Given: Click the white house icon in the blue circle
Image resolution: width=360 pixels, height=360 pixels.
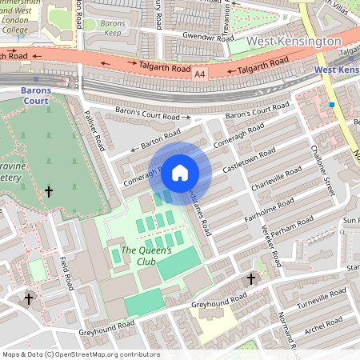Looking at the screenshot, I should coord(180,172).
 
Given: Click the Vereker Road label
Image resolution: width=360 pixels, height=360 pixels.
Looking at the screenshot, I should coord(271,247).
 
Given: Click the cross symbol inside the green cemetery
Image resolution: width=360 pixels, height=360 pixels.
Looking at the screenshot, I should coord(49,191).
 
